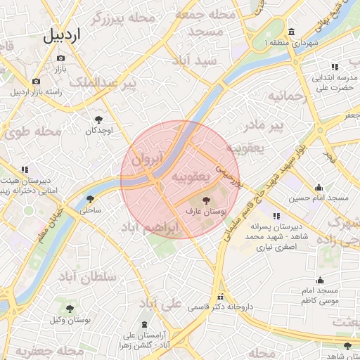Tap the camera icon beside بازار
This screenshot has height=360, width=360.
[x=60, y=58]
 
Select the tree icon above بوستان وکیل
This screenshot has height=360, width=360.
[x=70, y=308]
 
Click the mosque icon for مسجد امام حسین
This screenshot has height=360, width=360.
[x=319, y=187]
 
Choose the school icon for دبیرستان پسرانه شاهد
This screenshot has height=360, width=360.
[x=276, y=216]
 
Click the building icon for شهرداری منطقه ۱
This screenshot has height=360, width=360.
[x=291, y=32]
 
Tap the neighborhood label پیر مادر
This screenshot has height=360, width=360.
[x=263, y=126]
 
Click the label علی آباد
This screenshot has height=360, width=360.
[x=161, y=303]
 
